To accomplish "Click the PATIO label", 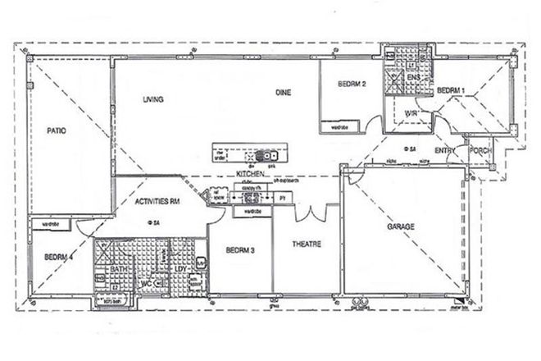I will pos(56,130).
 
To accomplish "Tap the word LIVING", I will pos(153,99).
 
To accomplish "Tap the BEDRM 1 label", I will pos(451,89).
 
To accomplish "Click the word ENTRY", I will pos(445,150).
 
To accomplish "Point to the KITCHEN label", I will pos(248,175).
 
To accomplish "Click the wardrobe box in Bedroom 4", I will pos(51,223).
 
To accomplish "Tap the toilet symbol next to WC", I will pos(160,284).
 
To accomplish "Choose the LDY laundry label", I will pos(180,268).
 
